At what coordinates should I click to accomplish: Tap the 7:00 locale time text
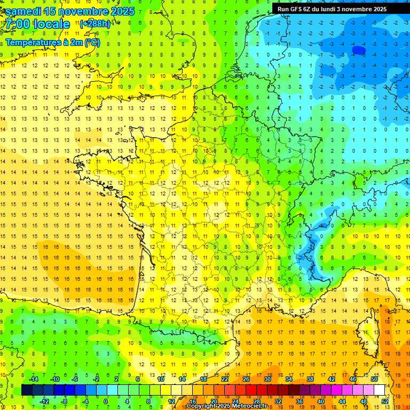click(x=38, y=24)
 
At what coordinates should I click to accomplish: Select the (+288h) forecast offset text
click(x=95, y=24)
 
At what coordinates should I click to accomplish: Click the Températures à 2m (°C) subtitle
click(x=52, y=42)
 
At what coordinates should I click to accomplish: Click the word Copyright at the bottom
click(x=201, y=406)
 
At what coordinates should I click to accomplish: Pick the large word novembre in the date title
click(x=83, y=11)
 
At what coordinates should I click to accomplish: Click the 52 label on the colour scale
click(x=385, y=401)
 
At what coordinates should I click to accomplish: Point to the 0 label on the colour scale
click(x=106, y=401)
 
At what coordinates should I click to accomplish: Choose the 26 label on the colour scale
click(x=246, y=379)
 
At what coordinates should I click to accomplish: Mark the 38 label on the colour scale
click(x=310, y=379)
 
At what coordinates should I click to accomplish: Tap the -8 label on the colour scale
click(x=64, y=401)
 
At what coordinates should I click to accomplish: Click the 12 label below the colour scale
click(x=171, y=401)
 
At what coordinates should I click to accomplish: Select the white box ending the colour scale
click(x=379, y=390)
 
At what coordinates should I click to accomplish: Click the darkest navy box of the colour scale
click(x=27, y=390)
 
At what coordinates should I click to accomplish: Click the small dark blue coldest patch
click(x=359, y=51)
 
